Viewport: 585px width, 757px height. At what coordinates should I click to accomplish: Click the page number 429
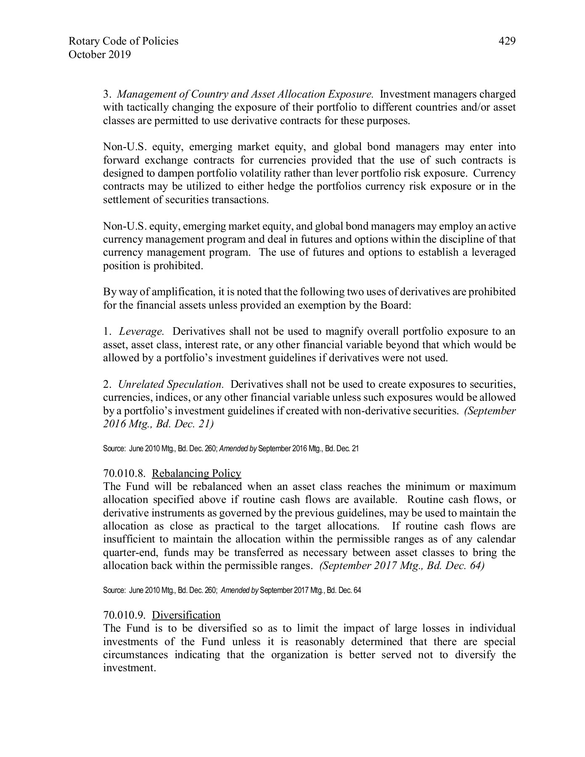507,41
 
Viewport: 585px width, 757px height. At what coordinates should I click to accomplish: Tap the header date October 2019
99,55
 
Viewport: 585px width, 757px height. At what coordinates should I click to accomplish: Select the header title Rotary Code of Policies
123,41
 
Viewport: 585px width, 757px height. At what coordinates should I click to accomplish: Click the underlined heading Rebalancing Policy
196,474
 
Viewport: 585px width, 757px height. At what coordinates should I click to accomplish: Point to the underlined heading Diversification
186,615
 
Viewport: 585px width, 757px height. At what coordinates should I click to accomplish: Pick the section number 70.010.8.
124,474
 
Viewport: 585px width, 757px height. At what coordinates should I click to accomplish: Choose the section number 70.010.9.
124,615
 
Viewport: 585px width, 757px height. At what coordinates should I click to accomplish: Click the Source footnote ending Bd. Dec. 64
232,590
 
